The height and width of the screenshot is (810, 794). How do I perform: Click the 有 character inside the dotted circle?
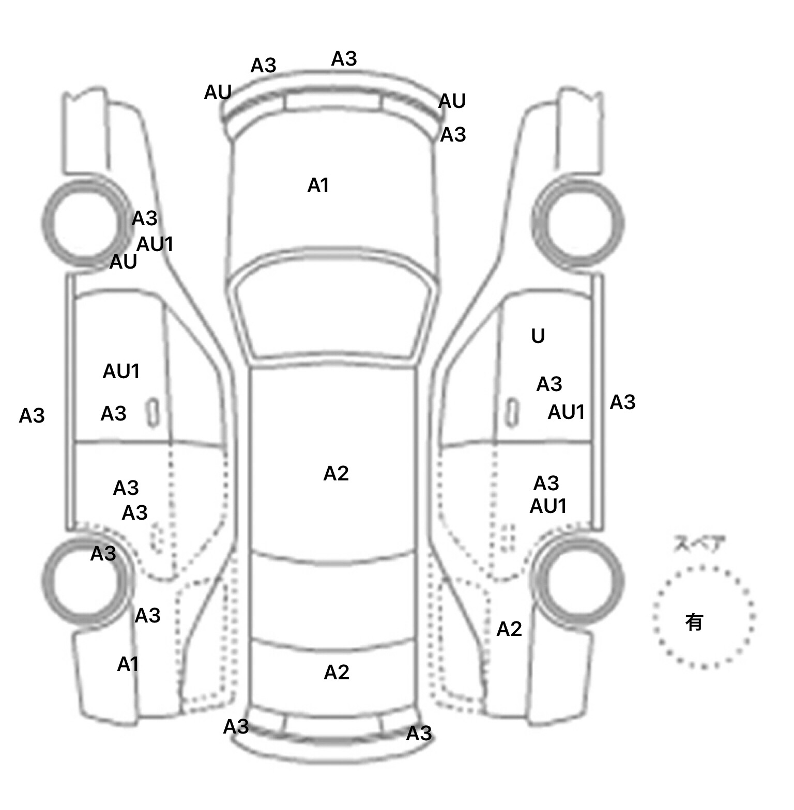pyautogui.click(x=694, y=621)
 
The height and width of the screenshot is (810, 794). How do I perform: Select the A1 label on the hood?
pyautogui.click(x=318, y=185)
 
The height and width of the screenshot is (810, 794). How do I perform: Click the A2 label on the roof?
pyautogui.click(x=336, y=473)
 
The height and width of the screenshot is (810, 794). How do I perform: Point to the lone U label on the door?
pyautogui.click(x=538, y=336)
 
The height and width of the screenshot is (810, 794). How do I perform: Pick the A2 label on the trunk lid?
pyautogui.click(x=337, y=672)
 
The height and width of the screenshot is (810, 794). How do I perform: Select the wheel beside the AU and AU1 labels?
pyautogui.click(x=85, y=222)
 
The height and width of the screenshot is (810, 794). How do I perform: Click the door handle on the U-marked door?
pyautogui.click(x=511, y=412)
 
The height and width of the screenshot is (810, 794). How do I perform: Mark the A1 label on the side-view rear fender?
pyautogui.click(x=128, y=664)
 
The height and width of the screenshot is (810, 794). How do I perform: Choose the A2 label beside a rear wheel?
pyautogui.click(x=509, y=629)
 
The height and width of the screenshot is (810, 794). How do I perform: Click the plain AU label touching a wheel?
pyautogui.click(x=123, y=262)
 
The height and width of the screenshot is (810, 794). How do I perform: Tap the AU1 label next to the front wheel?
pyautogui.click(x=155, y=244)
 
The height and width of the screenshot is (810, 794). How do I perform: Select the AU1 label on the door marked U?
pyautogui.click(x=566, y=412)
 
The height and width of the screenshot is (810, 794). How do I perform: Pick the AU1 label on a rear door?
pyautogui.click(x=548, y=506)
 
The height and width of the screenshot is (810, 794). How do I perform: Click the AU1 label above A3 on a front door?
pyautogui.click(x=121, y=371)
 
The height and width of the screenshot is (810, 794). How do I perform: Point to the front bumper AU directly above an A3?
pyautogui.click(x=452, y=101)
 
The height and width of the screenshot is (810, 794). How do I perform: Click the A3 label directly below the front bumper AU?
pyautogui.click(x=453, y=135)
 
